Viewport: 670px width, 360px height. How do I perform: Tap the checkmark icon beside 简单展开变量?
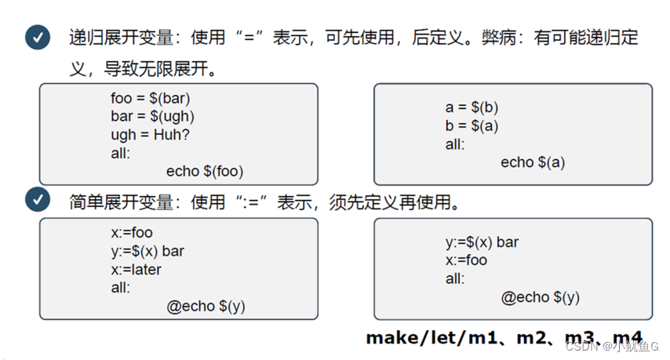[x=38, y=200]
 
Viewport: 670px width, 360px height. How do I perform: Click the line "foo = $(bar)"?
[x=151, y=100]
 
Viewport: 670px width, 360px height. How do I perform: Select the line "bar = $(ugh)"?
[x=152, y=117]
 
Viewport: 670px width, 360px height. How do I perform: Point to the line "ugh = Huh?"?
[x=150, y=135]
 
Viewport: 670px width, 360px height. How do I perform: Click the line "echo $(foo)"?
[x=211, y=170]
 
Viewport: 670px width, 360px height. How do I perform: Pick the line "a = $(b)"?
[x=472, y=108]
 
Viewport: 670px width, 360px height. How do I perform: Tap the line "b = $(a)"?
[x=472, y=126]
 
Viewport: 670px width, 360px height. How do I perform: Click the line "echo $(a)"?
[x=533, y=162]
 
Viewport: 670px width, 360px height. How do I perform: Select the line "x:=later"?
[x=136, y=270]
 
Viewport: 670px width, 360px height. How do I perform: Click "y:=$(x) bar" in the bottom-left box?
[x=147, y=251]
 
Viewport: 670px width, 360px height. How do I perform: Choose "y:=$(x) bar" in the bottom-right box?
[x=482, y=242]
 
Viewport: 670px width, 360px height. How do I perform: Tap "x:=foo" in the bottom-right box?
[x=466, y=260]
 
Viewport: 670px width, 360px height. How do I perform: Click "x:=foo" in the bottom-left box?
[x=132, y=233]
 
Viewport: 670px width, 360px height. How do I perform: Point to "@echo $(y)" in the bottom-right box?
[x=541, y=296]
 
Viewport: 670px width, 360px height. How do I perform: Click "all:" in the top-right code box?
[x=455, y=144]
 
